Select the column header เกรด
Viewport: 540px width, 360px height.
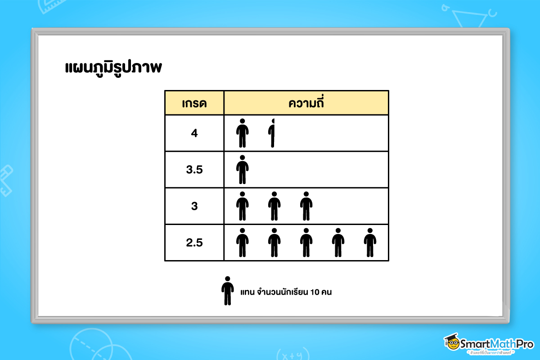coord(194,103)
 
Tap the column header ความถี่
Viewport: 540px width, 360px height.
coord(306,103)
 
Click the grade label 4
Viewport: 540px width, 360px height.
coord(194,133)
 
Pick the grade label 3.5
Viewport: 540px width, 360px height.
coord(194,170)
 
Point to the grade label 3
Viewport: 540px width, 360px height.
coord(194,206)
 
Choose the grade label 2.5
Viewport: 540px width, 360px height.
coord(194,243)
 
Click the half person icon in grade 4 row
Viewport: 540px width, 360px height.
coord(271,133)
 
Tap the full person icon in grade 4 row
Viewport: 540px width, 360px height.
coord(243,133)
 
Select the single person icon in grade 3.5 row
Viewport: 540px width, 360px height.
coord(243,170)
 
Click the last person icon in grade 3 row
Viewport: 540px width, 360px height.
coord(306,206)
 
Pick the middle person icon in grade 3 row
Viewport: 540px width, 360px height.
coord(274,206)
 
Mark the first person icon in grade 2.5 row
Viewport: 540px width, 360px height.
coord(243,243)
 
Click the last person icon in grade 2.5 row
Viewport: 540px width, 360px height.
coord(370,243)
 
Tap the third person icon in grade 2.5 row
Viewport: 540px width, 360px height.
coord(306,243)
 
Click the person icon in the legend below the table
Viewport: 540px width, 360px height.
coord(228,291)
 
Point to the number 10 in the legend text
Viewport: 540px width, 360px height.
coord(315,292)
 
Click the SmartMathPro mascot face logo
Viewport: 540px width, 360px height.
coord(451,344)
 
